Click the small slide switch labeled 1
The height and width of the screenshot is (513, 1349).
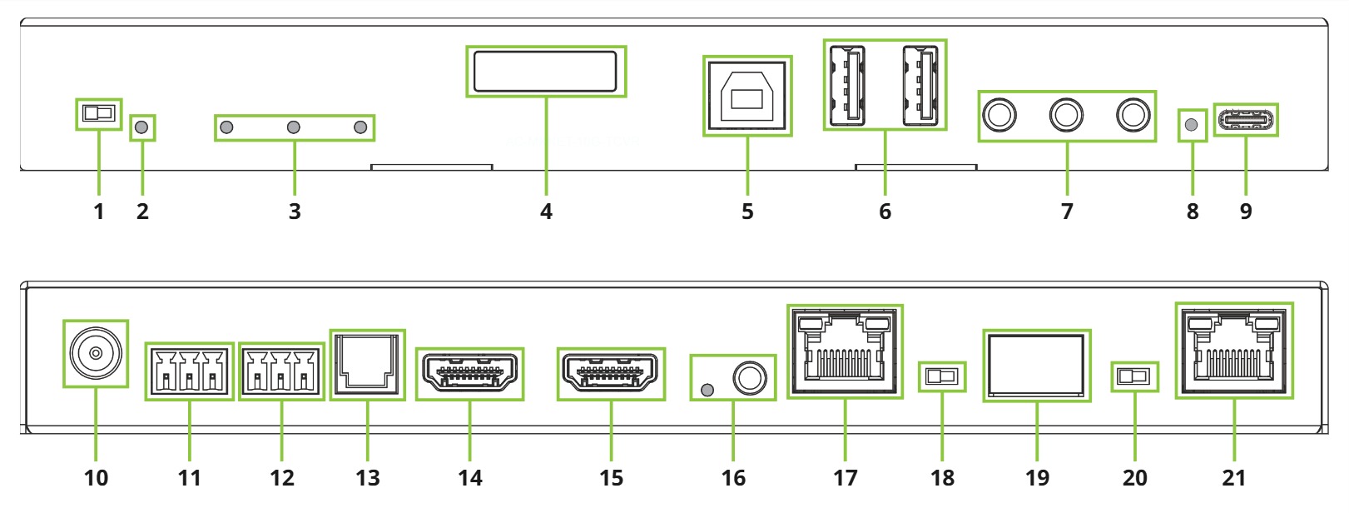tap(98, 113)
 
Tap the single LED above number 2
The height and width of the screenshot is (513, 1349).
tap(142, 127)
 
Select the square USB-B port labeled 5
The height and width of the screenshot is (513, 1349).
tap(746, 96)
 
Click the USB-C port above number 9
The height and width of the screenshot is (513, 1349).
tap(1245, 121)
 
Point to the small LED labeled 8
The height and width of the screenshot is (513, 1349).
tap(1192, 125)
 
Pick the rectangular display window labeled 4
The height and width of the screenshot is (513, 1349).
tap(545, 72)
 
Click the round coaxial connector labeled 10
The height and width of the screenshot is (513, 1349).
tap(96, 353)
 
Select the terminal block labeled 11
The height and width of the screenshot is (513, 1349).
tap(189, 371)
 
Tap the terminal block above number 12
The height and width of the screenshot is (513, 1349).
tap(281, 371)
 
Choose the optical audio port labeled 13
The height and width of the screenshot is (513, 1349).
tap(367, 364)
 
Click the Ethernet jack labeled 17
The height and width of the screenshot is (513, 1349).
tap(844, 351)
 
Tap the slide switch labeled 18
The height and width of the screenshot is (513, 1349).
tap(942, 376)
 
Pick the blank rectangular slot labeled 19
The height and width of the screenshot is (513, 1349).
tap(1036, 366)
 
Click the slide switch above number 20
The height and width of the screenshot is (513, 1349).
tap(1134, 376)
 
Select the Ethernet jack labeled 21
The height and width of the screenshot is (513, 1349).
tap(1234, 351)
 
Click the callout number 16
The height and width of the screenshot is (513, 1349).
tap(733, 478)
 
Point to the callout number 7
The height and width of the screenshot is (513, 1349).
tap(1067, 212)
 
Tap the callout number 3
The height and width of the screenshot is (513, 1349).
tap(295, 212)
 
